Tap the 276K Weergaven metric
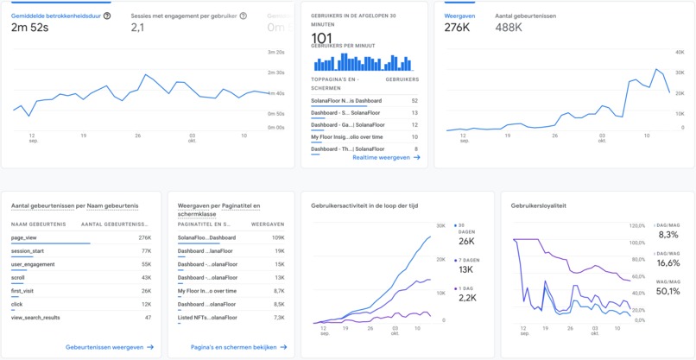[457, 28]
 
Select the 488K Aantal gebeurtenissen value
[509, 28]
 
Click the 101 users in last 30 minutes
[321, 38]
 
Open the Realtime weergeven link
[386, 158]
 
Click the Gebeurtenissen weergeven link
[109, 347]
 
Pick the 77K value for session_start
[145, 250]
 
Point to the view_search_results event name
[35, 318]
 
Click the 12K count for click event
[145, 304]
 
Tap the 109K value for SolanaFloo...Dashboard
[279, 237]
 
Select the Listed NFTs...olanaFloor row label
[207, 318]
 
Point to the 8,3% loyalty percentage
[668, 235]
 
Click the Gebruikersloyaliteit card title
[539, 206]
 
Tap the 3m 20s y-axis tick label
[275, 52]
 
